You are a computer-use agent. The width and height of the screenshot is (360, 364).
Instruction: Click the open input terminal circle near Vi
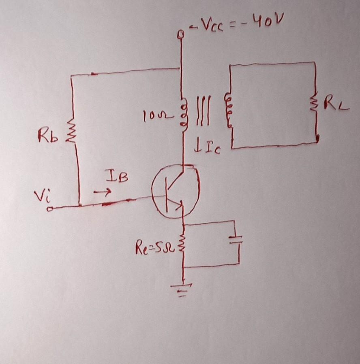coord(49,209)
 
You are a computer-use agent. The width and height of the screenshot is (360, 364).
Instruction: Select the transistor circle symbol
coord(176,192)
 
